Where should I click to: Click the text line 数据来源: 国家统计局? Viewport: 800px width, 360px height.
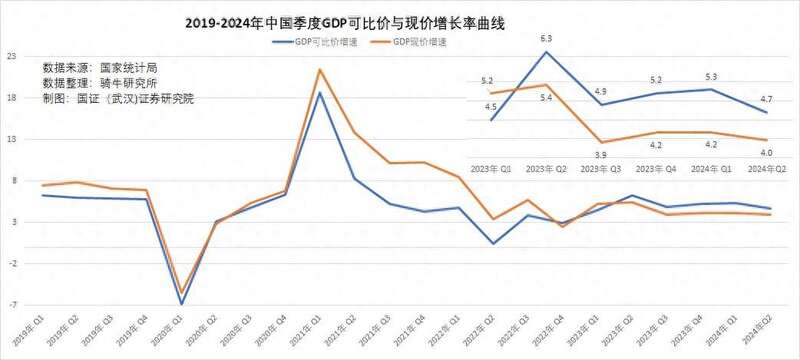(x=100, y=68)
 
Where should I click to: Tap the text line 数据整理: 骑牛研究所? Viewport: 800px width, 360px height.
(x=100, y=83)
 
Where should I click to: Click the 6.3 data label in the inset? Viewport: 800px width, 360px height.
(x=546, y=39)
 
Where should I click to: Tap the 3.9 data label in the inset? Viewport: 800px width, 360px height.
(x=600, y=155)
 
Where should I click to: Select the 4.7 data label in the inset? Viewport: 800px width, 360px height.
(x=765, y=99)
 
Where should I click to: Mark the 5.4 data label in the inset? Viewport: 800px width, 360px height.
(x=546, y=98)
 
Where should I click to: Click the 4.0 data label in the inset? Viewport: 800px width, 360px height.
(x=765, y=152)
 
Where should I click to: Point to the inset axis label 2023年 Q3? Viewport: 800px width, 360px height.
(x=600, y=171)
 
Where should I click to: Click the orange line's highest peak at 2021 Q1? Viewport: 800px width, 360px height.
(x=319, y=70)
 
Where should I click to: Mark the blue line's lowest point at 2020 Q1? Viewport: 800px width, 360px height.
(x=181, y=303)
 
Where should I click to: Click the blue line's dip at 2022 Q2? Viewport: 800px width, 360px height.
(x=492, y=243)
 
